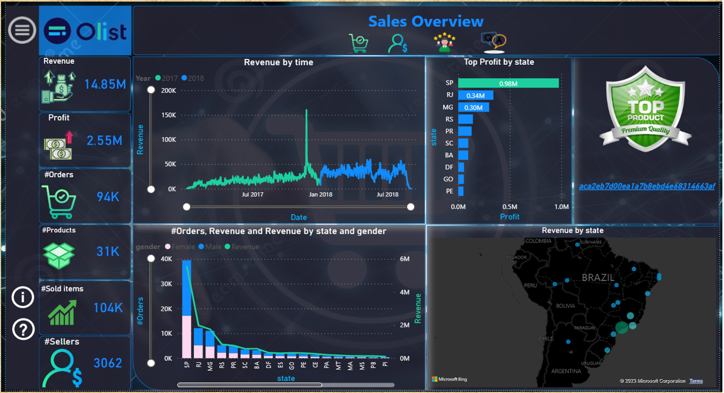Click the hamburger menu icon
(22, 30)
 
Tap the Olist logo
(86, 31)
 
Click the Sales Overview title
(425, 21)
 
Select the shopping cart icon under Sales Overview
(359, 43)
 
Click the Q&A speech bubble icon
(493, 41)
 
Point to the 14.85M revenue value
(105, 84)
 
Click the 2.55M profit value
(105, 140)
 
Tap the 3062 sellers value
(108, 363)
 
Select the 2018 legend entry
(193, 78)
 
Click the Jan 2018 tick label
(321, 194)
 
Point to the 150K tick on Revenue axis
(169, 115)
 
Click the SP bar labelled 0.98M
(508, 83)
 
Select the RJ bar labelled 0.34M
(475, 95)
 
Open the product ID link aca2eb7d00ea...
(646, 186)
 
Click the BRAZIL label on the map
(598, 278)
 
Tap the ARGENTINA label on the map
(566, 371)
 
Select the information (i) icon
(23, 297)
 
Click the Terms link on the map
(696, 381)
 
